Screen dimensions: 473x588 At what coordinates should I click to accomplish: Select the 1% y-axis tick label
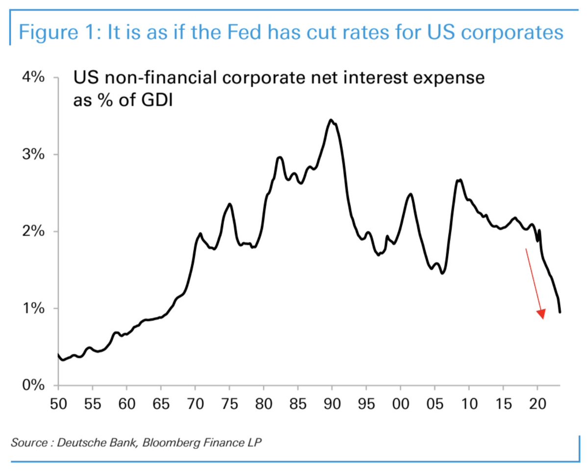(33, 308)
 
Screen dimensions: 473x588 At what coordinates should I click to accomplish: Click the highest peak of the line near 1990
(331, 120)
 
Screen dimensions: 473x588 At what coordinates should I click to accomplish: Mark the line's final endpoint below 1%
(560, 312)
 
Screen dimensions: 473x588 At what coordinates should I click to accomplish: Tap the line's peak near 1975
(229, 204)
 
